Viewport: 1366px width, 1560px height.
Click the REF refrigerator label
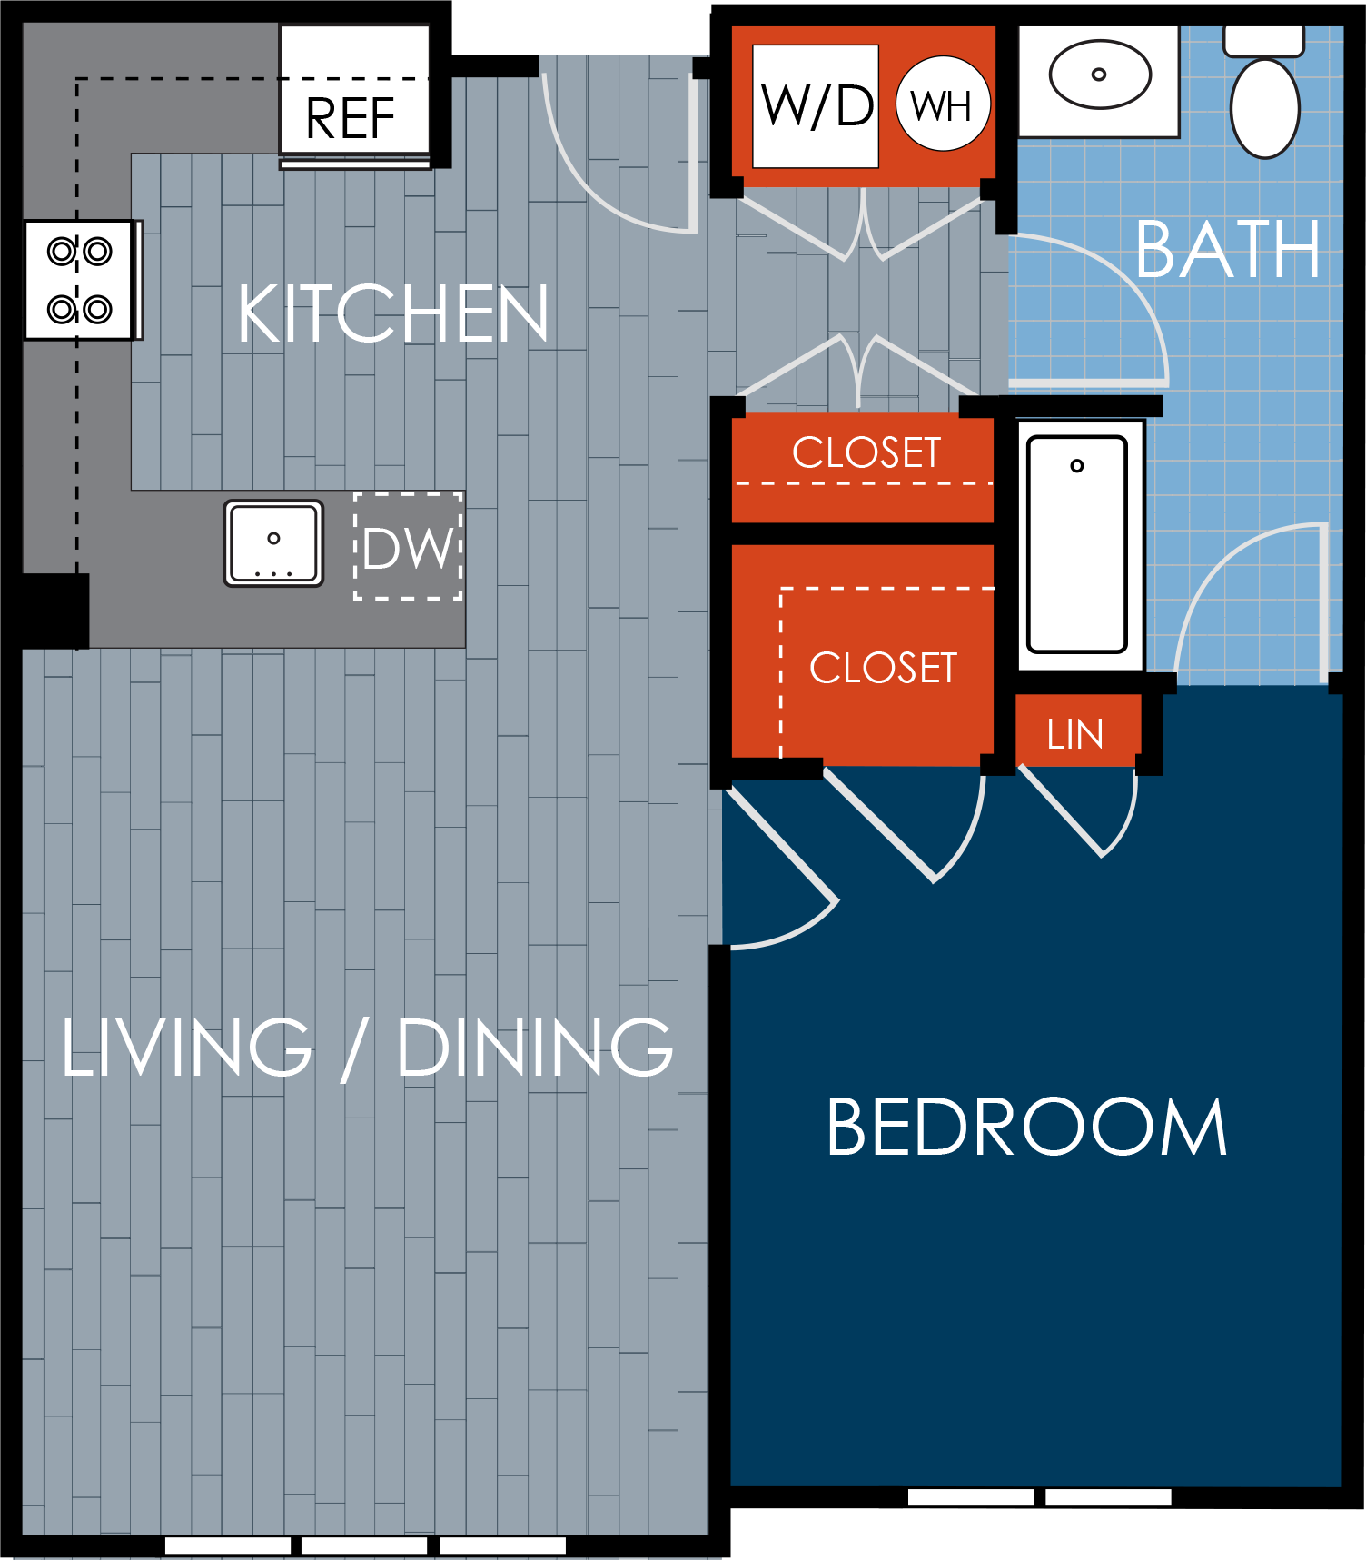(351, 118)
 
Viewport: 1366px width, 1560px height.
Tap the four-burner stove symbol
(80, 280)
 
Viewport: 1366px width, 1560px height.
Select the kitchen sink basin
(273, 543)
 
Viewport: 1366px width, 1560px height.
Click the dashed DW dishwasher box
(408, 546)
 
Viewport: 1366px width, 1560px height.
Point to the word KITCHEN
(393, 314)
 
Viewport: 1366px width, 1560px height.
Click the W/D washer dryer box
(816, 106)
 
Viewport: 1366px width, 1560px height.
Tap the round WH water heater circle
(942, 105)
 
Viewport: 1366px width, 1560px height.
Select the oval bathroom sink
(1100, 75)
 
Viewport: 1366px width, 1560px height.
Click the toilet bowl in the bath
(1264, 107)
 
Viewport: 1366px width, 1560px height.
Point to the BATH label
(1228, 251)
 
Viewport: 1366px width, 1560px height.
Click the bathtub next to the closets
(1077, 545)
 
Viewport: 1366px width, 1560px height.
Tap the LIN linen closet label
(1075, 734)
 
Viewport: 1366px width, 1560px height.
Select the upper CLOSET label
(866, 452)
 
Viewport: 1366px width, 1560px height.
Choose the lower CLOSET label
(883, 668)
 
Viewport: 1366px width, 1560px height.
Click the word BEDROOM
(1026, 1128)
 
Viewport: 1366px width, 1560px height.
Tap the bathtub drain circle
(1077, 466)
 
